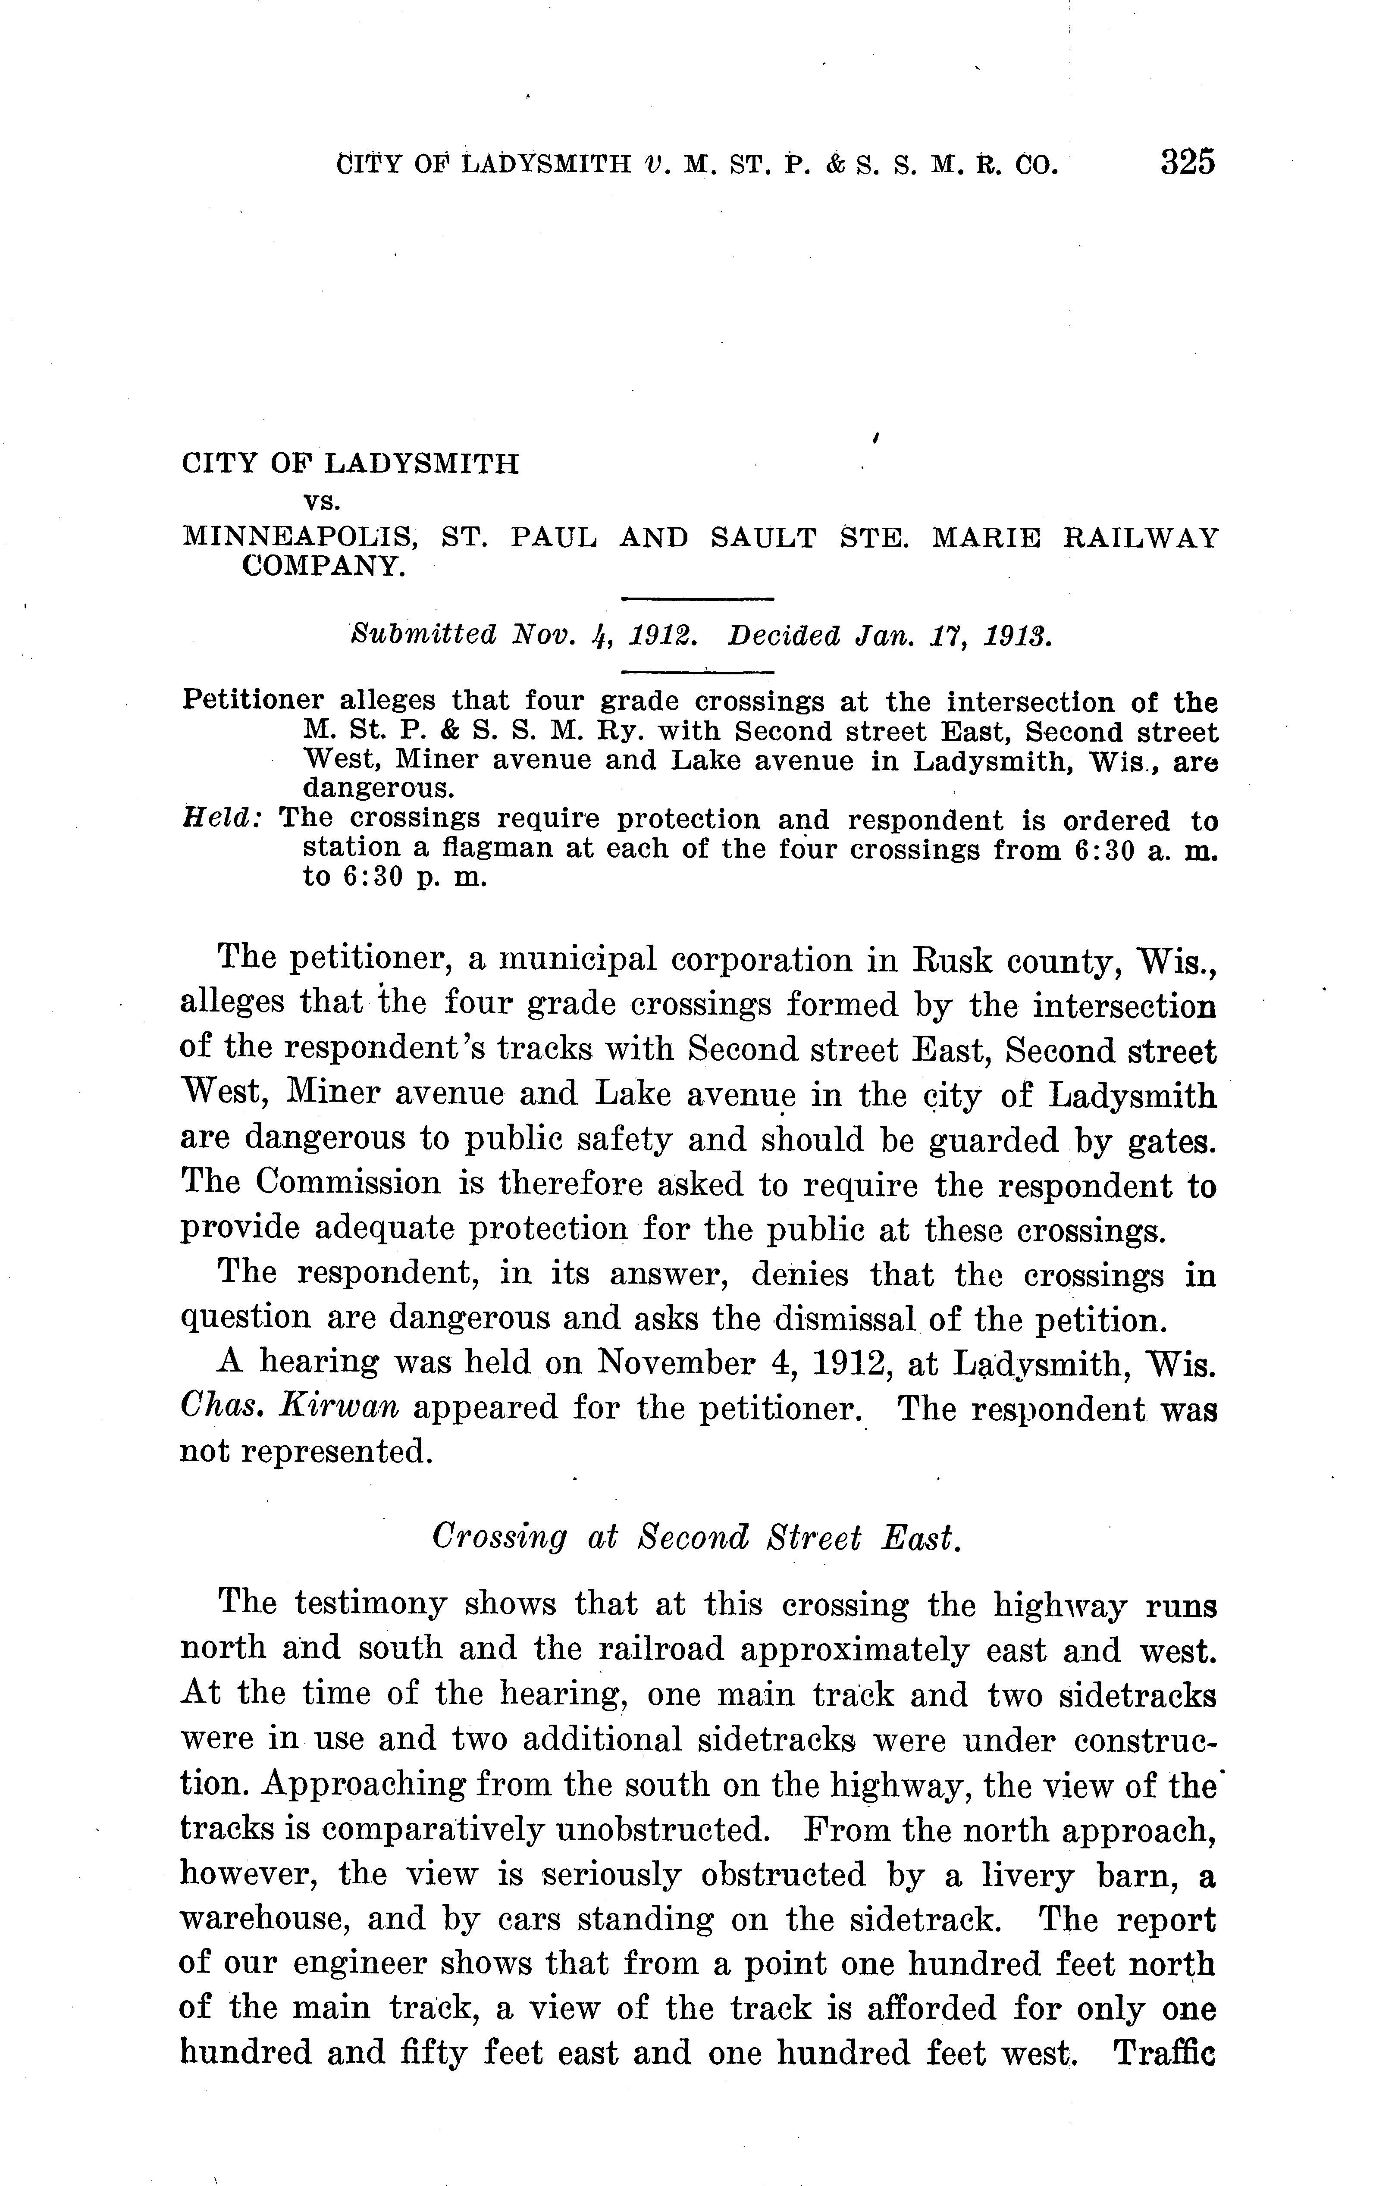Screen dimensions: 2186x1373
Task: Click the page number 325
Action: tap(1186, 163)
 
